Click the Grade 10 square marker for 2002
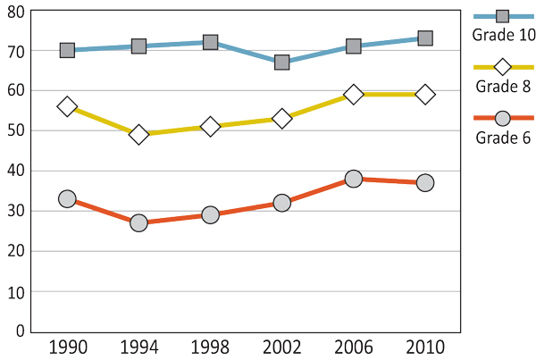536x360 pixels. pos(282,63)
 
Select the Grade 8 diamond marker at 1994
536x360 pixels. pos(138,135)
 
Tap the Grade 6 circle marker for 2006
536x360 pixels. pos(354,179)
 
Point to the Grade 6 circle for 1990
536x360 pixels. pos(67,198)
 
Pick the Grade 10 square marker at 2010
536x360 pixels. pos(425,38)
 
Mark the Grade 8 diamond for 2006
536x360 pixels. pos(354,94)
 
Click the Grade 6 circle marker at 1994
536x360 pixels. pos(138,222)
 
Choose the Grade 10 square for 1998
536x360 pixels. pos(210,42)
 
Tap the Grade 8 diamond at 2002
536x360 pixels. pos(282,118)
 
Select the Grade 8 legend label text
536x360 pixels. pos(502,87)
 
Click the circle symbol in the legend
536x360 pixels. pos(502,119)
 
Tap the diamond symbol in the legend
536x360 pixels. pos(502,67)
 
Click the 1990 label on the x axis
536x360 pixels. pos(67,347)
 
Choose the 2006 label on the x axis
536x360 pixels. pos(354,347)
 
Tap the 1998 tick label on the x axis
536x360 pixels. pos(210,347)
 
